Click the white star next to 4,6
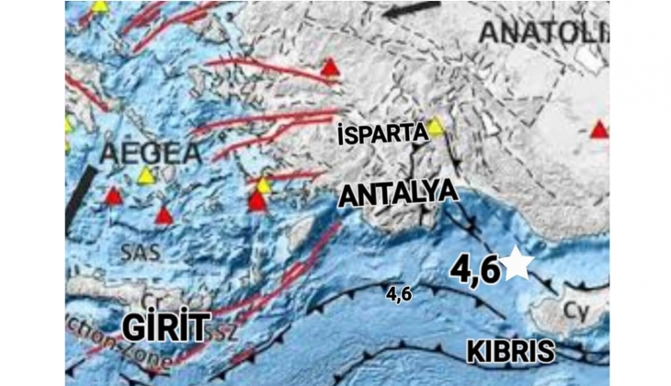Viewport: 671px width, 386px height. (x=517, y=265)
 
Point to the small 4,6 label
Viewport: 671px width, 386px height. (x=398, y=295)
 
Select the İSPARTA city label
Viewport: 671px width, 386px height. (x=381, y=135)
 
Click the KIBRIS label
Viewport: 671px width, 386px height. (x=510, y=351)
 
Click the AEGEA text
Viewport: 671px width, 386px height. (x=137, y=151)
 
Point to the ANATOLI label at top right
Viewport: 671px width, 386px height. (x=542, y=32)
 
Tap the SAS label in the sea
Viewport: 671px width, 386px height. (x=135, y=248)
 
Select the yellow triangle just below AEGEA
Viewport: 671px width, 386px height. (x=145, y=175)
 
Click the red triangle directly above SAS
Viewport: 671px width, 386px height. (x=163, y=216)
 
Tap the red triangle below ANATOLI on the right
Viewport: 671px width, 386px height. (x=599, y=130)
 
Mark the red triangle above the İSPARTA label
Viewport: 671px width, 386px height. (x=330, y=66)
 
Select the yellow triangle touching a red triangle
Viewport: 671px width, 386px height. (x=263, y=186)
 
